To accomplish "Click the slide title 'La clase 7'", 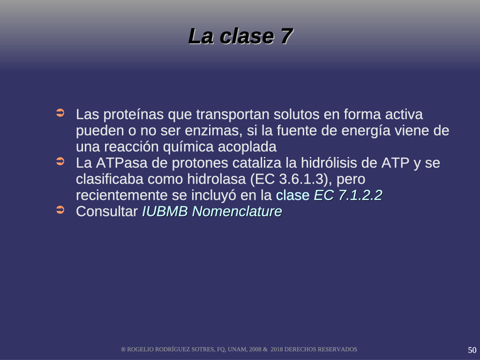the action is tap(240, 36).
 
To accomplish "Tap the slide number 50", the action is tap(472, 350).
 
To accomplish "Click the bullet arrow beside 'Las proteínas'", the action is tap(60, 112).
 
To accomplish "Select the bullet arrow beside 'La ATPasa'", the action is tap(60, 161).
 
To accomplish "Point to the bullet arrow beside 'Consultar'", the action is tap(60, 210).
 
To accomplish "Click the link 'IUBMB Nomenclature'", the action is tap(212, 211).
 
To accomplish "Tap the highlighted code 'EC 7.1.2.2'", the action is tap(348, 195).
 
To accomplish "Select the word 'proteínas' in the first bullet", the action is tap(134, 114).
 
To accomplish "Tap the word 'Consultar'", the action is tap(107, 211).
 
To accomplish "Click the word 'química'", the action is tap(188, 147).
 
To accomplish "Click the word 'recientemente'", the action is tap(122, 195).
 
